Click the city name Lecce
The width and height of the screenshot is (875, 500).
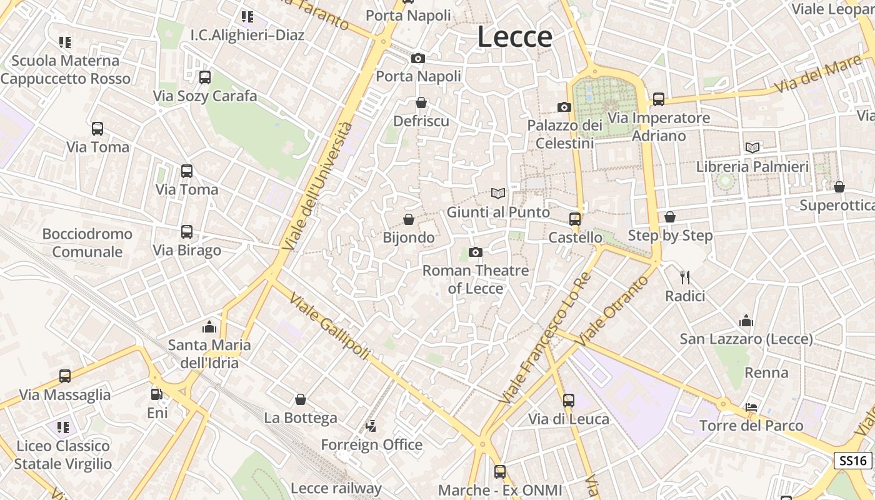tap(514, 37)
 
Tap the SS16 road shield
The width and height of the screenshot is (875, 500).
tap(853, 461)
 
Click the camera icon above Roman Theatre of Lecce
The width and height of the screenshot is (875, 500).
tap(476, 252)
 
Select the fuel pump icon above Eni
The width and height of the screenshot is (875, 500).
tap(156, 394)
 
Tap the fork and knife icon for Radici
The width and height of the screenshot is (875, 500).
tap(685, 277)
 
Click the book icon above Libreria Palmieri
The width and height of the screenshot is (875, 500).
tap(752, 147)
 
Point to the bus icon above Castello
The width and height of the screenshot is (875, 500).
tap(575, 219)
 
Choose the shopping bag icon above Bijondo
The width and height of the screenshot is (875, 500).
tap(409, 219)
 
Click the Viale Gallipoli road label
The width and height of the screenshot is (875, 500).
tap(329, 327)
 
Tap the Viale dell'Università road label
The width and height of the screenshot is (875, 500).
tap(317, 187)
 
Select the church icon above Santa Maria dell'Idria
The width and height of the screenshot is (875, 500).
tap(209, 326)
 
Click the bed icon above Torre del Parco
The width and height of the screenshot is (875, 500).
tap(751, 407)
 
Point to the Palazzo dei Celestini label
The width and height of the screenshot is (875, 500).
tap(565, 134)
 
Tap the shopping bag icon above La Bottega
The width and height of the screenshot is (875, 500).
tap(301, 399)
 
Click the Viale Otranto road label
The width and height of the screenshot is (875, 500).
tap(613, 311)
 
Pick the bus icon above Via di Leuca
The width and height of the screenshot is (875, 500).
tap(569, 400)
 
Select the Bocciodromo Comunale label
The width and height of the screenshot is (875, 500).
tap(87, 242)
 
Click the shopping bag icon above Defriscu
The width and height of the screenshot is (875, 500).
tap(421, 102)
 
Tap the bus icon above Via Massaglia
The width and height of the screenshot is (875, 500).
tap(65, 376)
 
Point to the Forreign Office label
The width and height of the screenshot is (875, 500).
tap(372, 445)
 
